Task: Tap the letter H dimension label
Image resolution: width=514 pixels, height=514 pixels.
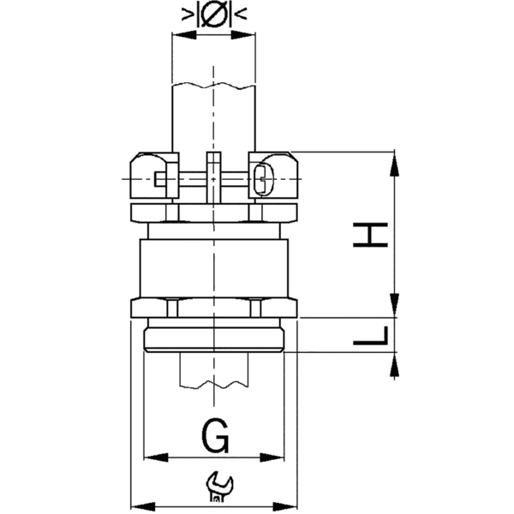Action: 372,234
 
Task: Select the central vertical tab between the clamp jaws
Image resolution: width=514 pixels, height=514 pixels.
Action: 213,176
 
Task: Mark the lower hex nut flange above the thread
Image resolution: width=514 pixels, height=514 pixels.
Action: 213,308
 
